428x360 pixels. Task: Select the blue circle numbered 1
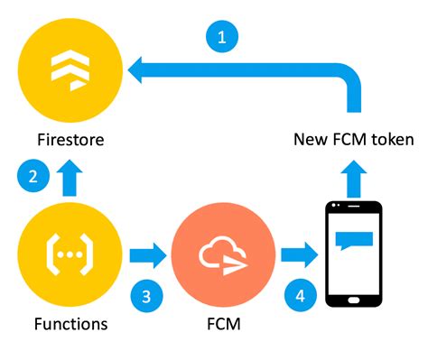pos(221,37)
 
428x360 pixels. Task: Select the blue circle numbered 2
pos(33,176)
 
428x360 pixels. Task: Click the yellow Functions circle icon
pos(68,255)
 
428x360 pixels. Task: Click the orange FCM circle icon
pos(219,255)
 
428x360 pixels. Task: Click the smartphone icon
pos(353,253)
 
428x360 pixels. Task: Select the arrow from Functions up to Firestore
pos(69,178)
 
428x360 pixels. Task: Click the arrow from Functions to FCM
pos(146,255)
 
